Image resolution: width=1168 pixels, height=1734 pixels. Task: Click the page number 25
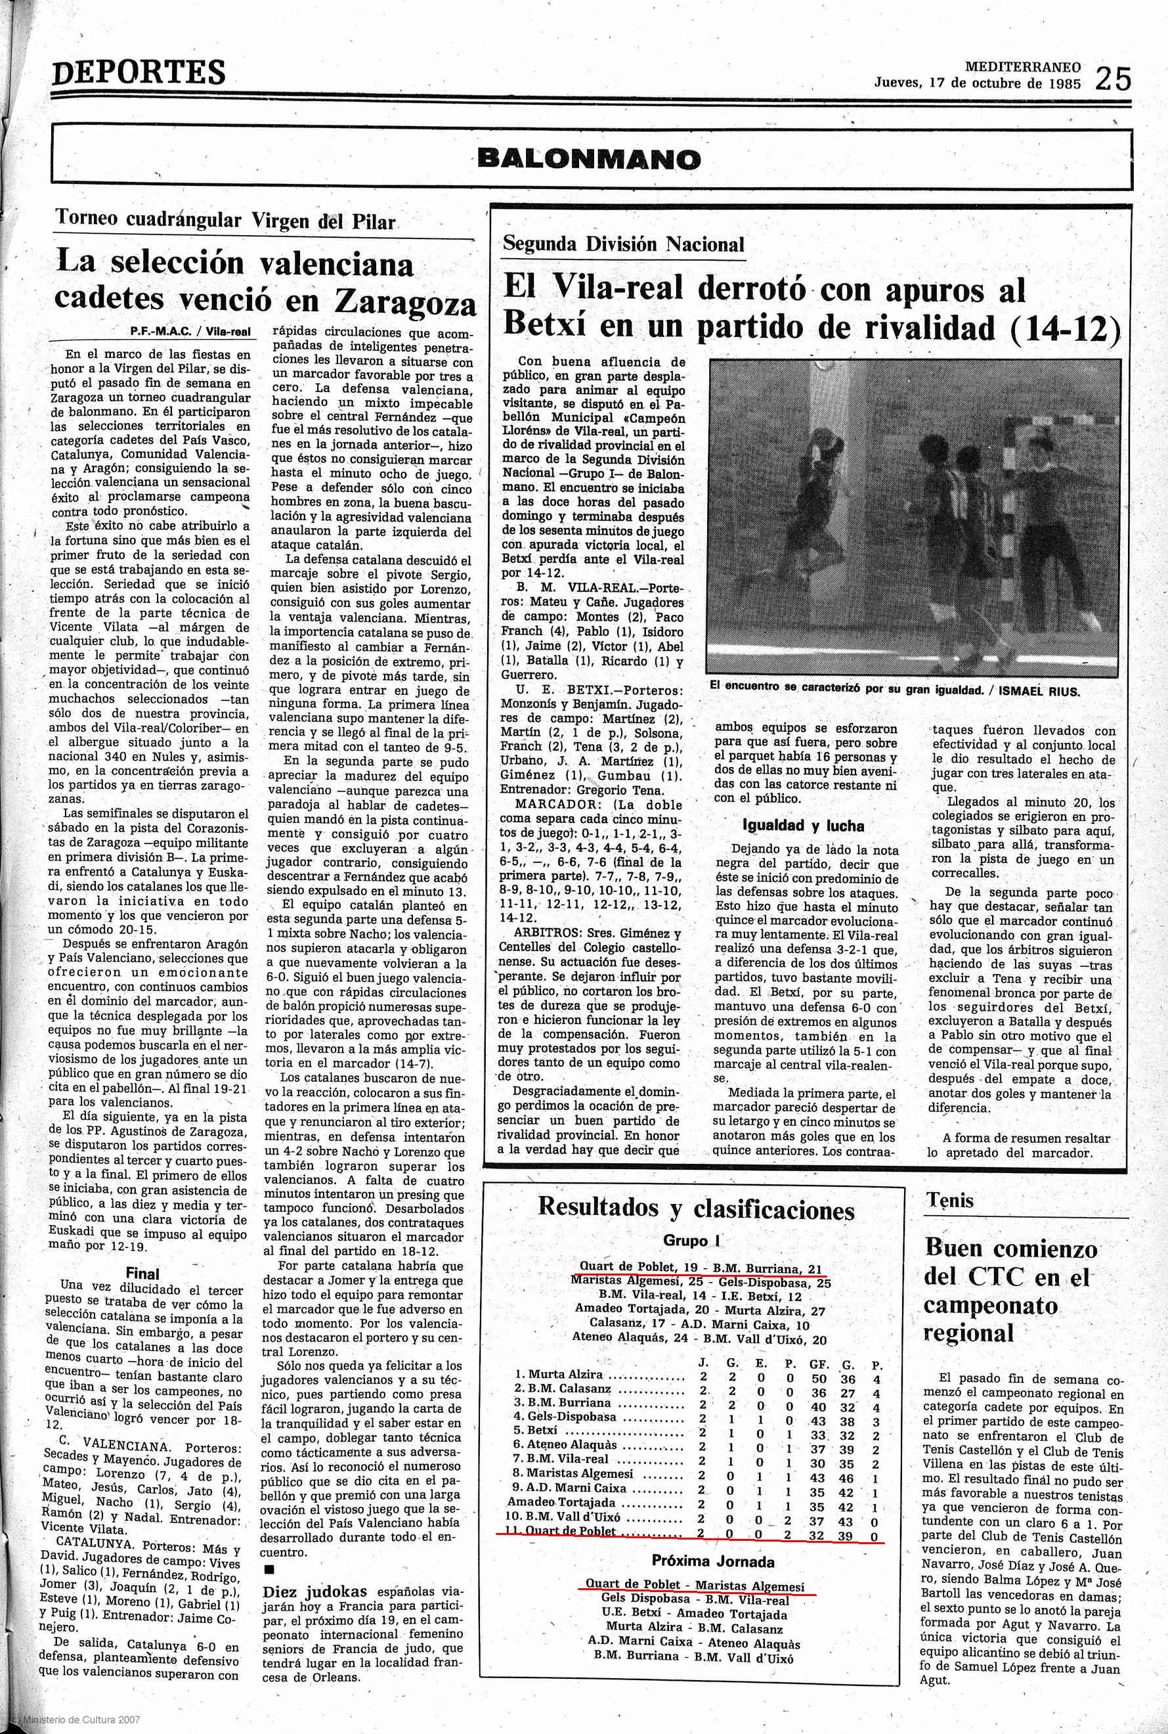tap(1112, 78)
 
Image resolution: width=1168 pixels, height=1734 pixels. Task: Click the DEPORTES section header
tap(139, 72)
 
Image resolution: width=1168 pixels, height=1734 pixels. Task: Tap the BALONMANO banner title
tap(588, 158)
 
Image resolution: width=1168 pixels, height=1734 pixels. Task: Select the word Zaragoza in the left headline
tap(404, 300)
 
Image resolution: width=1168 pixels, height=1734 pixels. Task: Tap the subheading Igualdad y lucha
tap(803, 825)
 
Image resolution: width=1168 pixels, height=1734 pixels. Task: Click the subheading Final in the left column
tap(142, 1274)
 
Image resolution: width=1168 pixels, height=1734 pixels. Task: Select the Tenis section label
tap(950, 1200)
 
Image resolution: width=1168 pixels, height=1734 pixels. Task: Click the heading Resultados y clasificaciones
tap(697, 1207)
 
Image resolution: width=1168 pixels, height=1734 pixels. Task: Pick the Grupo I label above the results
tap(693, 1241)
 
